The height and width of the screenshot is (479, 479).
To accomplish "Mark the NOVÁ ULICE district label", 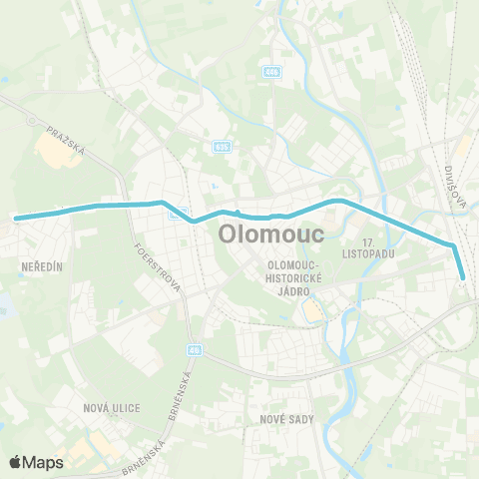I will click(x=112, y=408).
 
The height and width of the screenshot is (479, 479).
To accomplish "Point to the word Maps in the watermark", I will click(x=44, y=462).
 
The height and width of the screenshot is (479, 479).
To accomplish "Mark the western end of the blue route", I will click(x=16, y=217).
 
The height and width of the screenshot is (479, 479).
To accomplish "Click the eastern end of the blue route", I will click(x=464, y=279).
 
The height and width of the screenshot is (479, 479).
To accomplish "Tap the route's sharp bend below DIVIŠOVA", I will click(x=453, y=245).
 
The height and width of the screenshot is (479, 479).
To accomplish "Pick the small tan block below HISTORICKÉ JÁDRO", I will click(x=313, y=313).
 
